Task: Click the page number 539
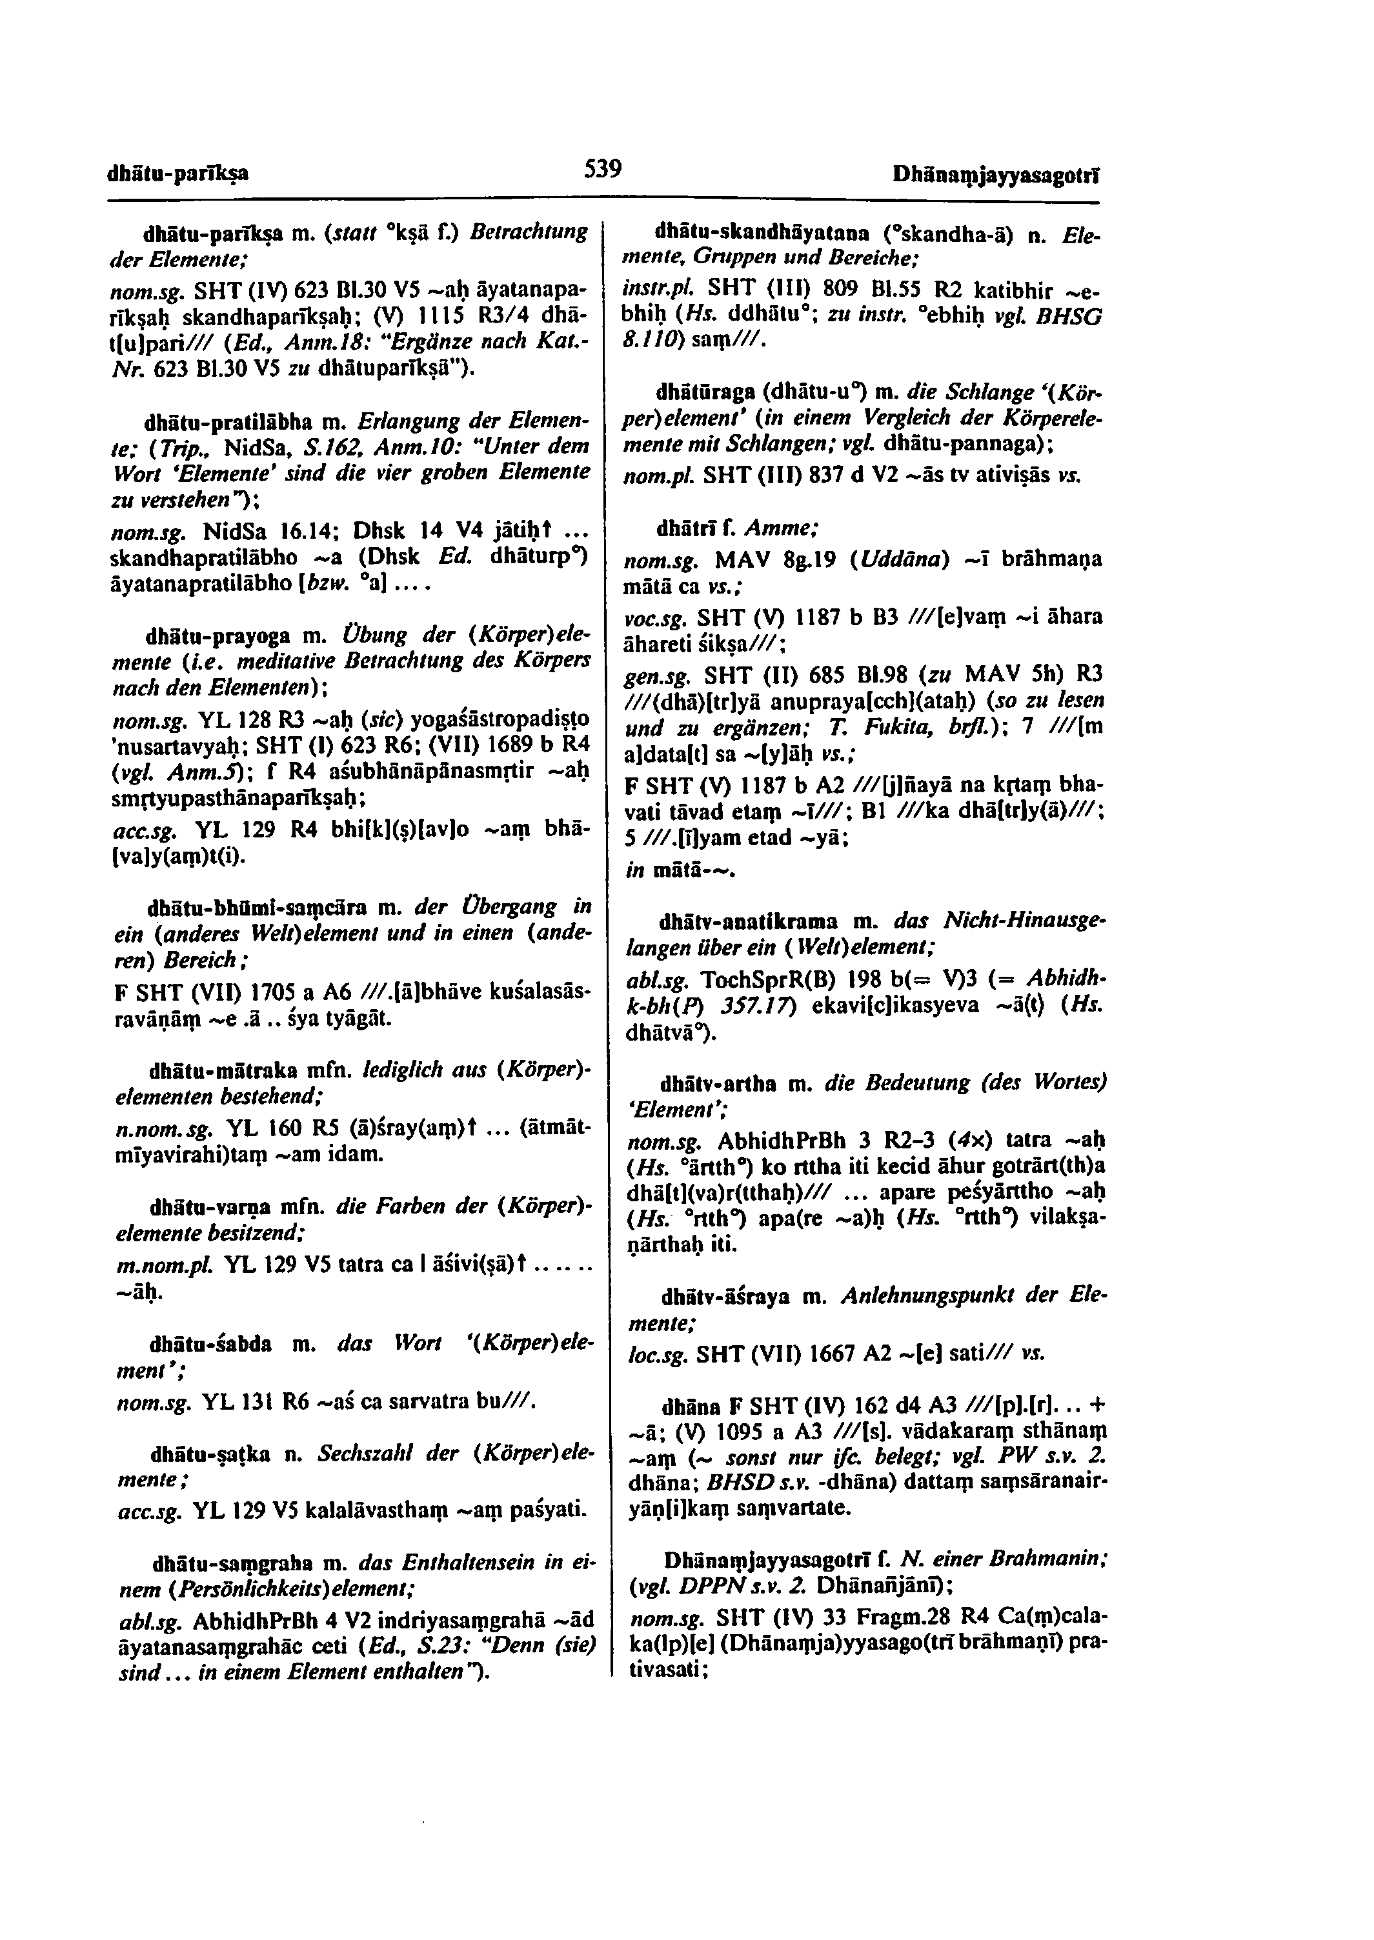[x=604, y=170]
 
